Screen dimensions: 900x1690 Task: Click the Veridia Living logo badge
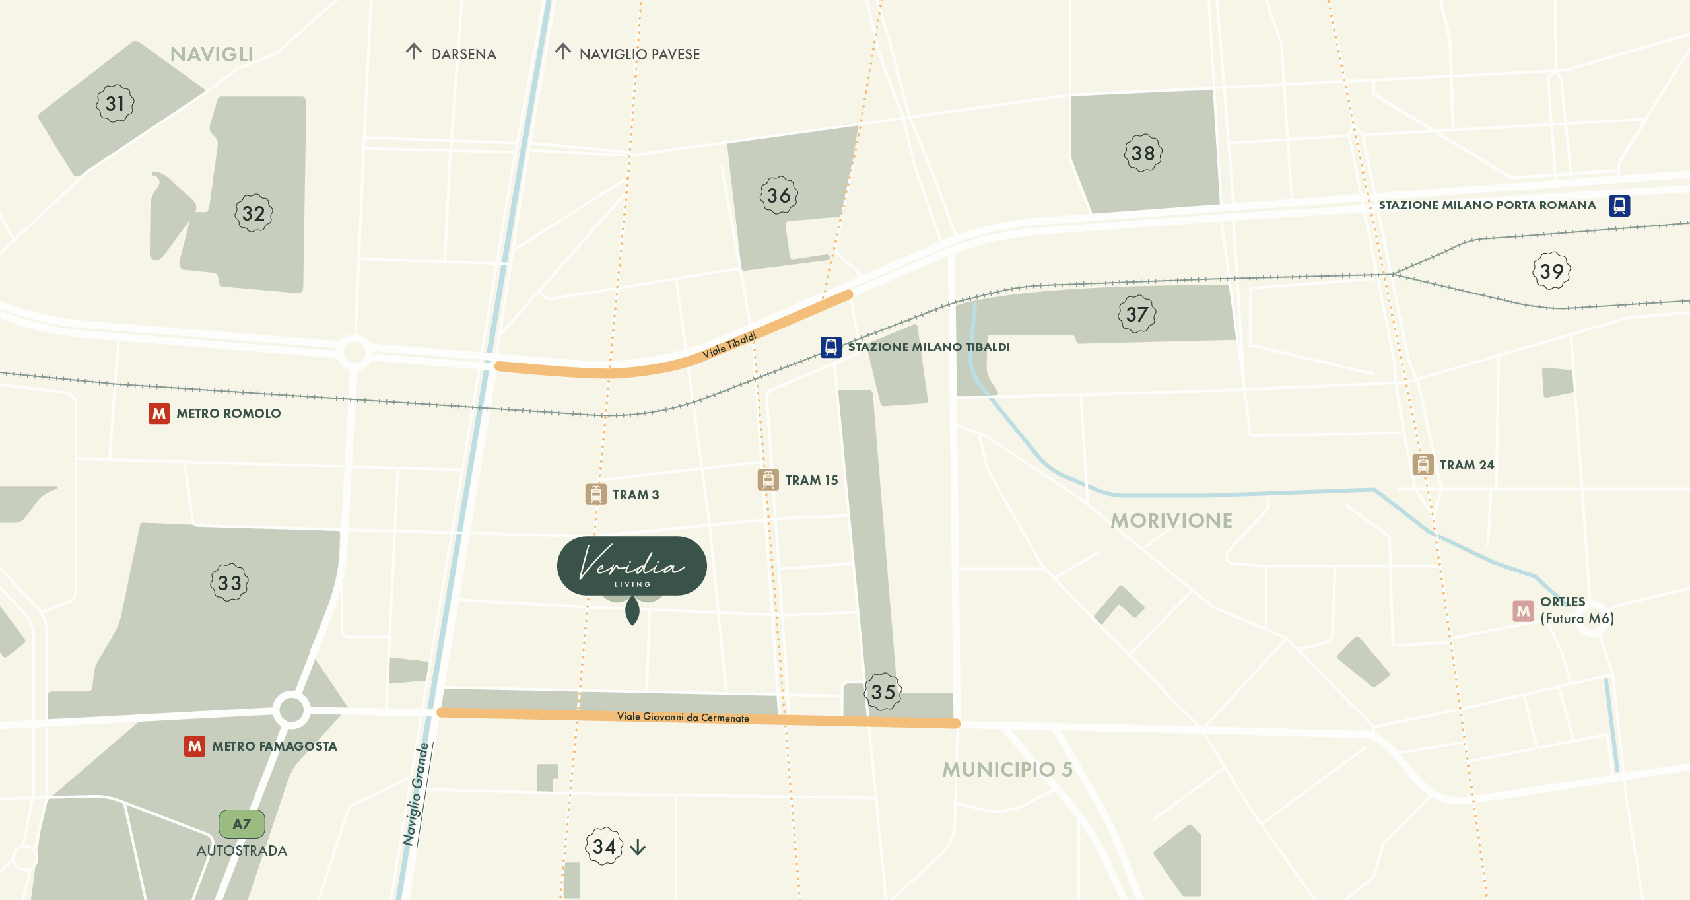pyautogui.click(x=632, y=566)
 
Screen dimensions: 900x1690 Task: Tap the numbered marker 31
pyautogui.click(x=115, y=104)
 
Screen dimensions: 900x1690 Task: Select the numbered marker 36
pyautogui.click(x=778, y=195)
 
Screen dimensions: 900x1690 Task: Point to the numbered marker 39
pyautogui.click(x=1551, y=271)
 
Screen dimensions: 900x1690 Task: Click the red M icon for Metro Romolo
pyautogui.click(x=159, y=413)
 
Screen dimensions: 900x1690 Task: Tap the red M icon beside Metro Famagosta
pyautogui.click(x=195, y=746)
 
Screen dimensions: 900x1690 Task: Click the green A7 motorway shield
pyautogui.click(x=242, y=824)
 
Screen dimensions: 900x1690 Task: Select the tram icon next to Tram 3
pyautogui.click(x=595, y=495)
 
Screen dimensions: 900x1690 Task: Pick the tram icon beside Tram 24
pyautogui.click(x=1423, y=465)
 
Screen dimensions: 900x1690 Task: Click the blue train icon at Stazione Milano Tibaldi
pyautogui.click(x=830, y=347)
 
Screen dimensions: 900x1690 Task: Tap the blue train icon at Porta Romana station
pyautogui.click(x=1619, y=205)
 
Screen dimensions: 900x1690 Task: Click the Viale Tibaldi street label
pyautogui.click(x=729, y=345)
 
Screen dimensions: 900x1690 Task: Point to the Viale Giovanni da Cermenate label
pyautogui.click(x=683, y=717)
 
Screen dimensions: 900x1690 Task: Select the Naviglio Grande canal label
pyautogui.click(x=416, y=794)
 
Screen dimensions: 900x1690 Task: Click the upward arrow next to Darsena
pyautogui.click(x=414, y=52)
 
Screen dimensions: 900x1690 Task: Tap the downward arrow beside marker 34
pyautogui.click(x=638, y=847)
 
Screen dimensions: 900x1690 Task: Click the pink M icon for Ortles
pyautogui.click(x=1523, y=611)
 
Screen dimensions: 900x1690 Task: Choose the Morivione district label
pyautogui.click(x=1171, y=521)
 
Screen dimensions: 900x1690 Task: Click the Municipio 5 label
pyautogui.click(x=1007, y=770)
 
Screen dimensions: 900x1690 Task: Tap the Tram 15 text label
pyautogui.click(x=811, y=481)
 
